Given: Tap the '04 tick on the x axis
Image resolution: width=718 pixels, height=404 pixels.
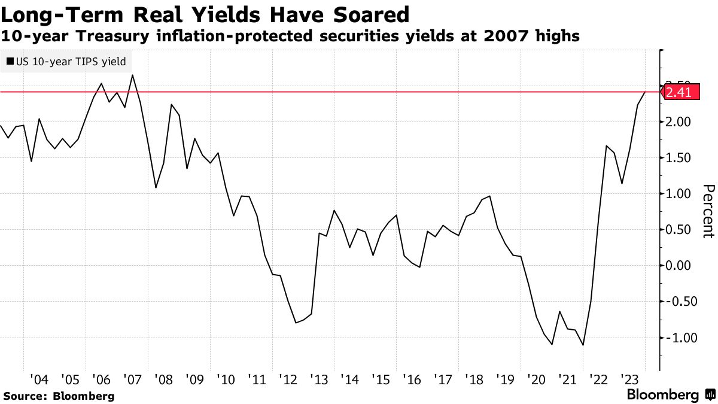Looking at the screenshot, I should [39, 379].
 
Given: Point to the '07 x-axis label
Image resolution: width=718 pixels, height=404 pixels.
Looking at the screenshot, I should [132, 379].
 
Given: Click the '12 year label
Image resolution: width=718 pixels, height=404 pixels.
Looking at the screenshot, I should [287, 379].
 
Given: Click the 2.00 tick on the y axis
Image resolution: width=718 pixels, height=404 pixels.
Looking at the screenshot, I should [679, 122].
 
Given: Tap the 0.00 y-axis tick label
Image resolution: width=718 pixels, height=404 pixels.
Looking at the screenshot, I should [679, 266].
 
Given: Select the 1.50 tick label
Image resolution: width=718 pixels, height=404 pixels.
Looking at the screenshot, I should [679, 158].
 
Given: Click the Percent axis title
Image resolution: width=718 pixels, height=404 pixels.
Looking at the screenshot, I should [708, 211].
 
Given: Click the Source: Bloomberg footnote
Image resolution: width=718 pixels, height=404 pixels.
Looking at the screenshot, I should [59, 396].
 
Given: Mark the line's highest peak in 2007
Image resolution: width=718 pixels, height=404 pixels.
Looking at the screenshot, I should [132, 75].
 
